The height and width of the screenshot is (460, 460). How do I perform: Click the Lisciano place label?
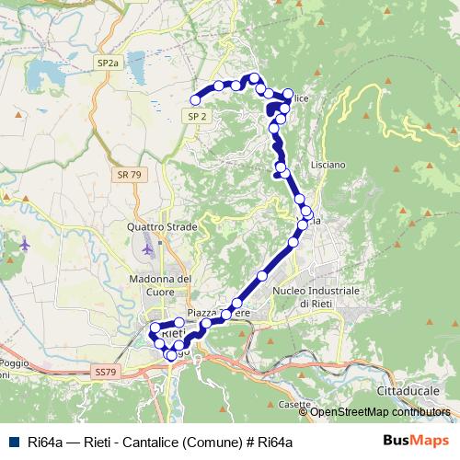tap(328, 165)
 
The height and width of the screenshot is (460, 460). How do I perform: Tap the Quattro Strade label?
tap(158, 226)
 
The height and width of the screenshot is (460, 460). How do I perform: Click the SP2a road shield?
tap(108, 63)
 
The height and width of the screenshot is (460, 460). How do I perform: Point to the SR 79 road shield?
tap(129, 174)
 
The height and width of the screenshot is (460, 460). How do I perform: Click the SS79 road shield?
tap(105, 371)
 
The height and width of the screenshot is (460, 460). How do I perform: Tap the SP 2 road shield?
tap(198, 117)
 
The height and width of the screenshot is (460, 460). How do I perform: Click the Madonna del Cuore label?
tap(159, 284)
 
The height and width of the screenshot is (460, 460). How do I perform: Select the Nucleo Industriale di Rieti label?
tap(315, 296)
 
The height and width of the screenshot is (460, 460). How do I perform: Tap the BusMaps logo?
tap(414, 442)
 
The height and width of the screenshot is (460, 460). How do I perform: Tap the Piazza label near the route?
tap(204, 314)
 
